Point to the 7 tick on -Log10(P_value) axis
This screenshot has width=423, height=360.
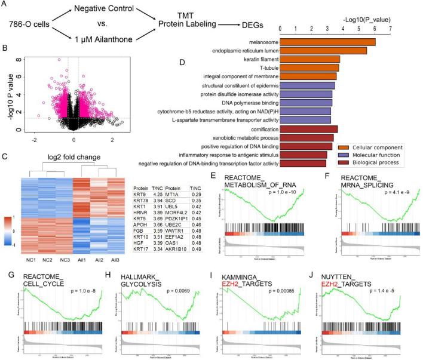tap(391, 28)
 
